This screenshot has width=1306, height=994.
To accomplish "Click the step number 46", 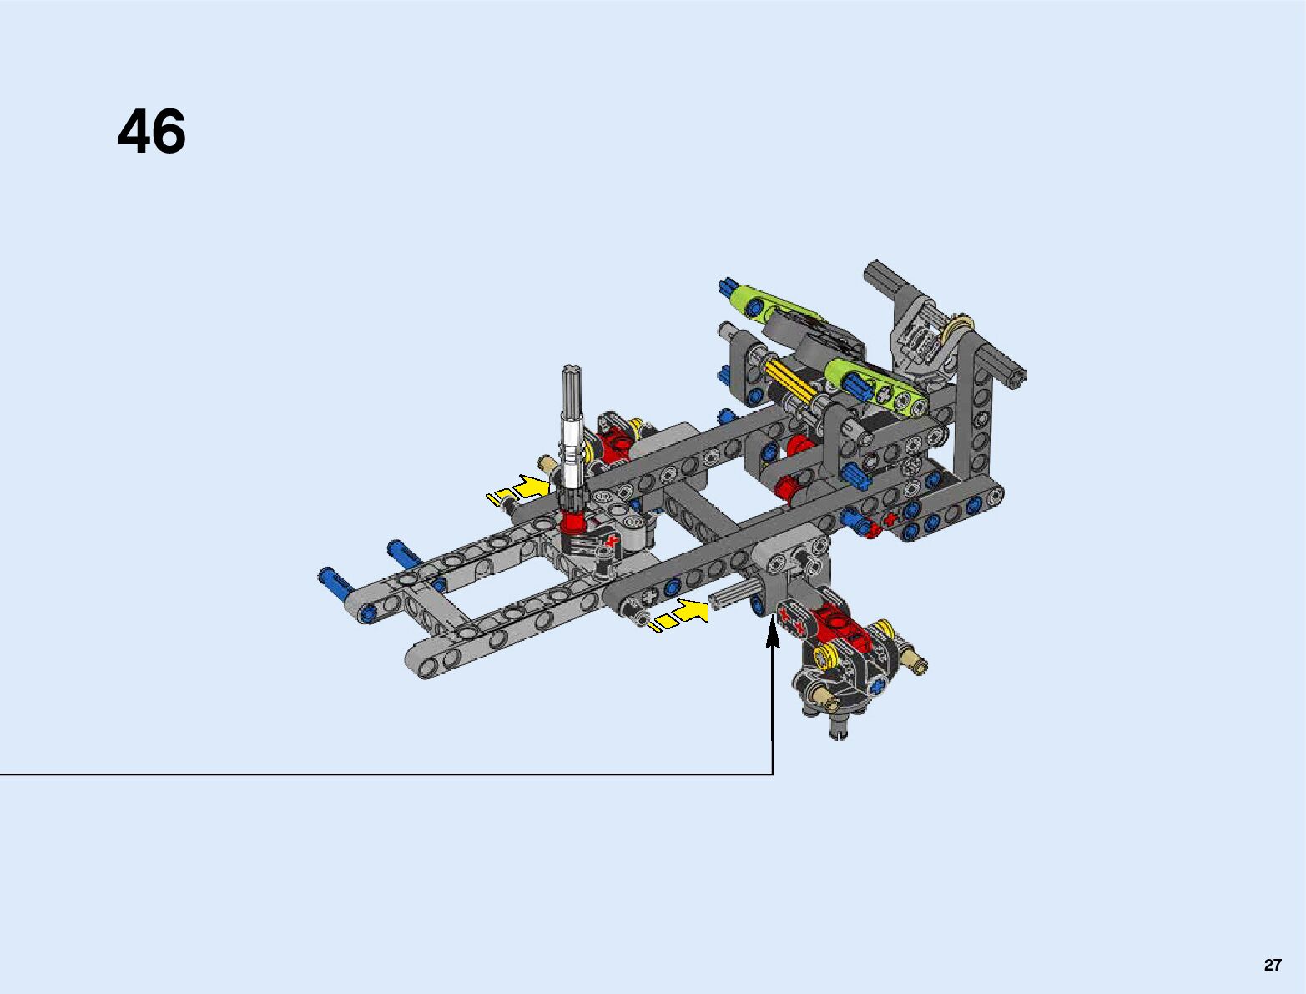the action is (152, 132).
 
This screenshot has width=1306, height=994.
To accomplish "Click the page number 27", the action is (1272, 965).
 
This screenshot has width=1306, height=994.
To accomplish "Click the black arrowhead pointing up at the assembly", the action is (772, 631).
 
